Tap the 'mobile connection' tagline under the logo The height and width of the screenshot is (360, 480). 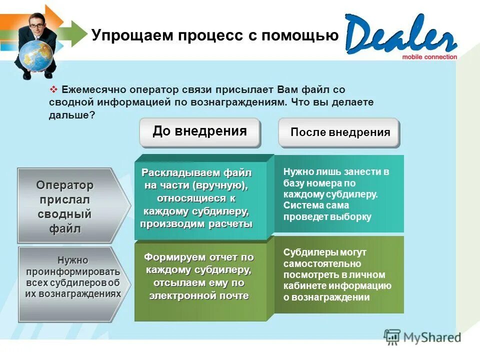pos(429,57)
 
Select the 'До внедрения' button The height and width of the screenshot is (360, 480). pos(199,132)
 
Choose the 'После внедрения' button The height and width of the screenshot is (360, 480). pos(339,132)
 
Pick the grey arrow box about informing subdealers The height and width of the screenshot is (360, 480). pos(73,283)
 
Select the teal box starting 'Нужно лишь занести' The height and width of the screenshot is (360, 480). pos(338,194)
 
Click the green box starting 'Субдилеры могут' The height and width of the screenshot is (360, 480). pos(338,274)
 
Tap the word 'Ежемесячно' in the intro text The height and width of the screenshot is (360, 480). pos(93,89)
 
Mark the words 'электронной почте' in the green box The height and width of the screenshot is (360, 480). pos(199,295)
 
